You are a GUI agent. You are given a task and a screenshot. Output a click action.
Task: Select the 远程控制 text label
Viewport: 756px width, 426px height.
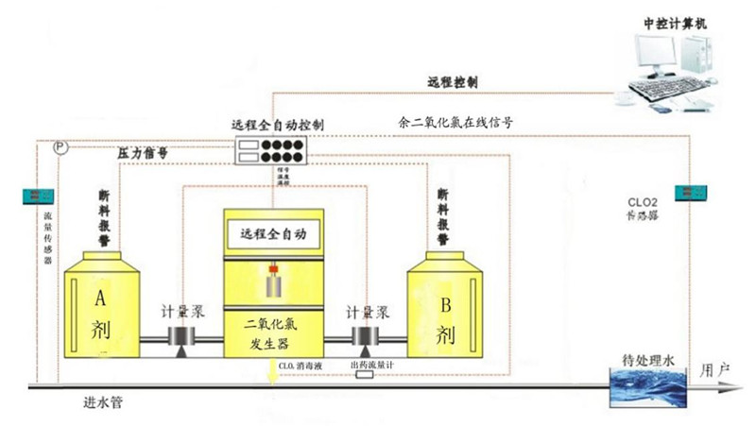tap(453, 83)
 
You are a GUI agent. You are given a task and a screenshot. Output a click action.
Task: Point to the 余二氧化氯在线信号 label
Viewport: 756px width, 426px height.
tap(455, 122)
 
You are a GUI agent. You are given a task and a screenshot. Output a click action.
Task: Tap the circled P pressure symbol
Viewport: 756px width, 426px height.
tap(60, 148)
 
